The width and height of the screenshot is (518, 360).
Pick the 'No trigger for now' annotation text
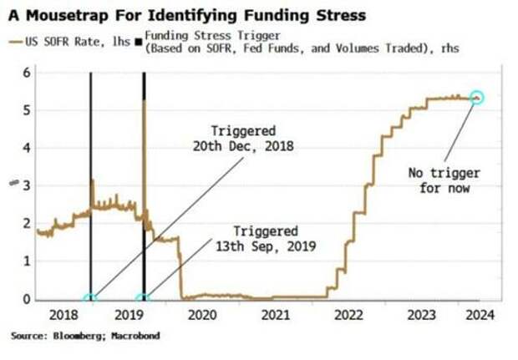(440, 180)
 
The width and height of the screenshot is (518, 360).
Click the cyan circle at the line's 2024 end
(476, 98)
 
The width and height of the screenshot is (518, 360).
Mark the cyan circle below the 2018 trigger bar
(90, 298)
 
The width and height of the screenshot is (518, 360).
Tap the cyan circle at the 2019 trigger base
(144, 298)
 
